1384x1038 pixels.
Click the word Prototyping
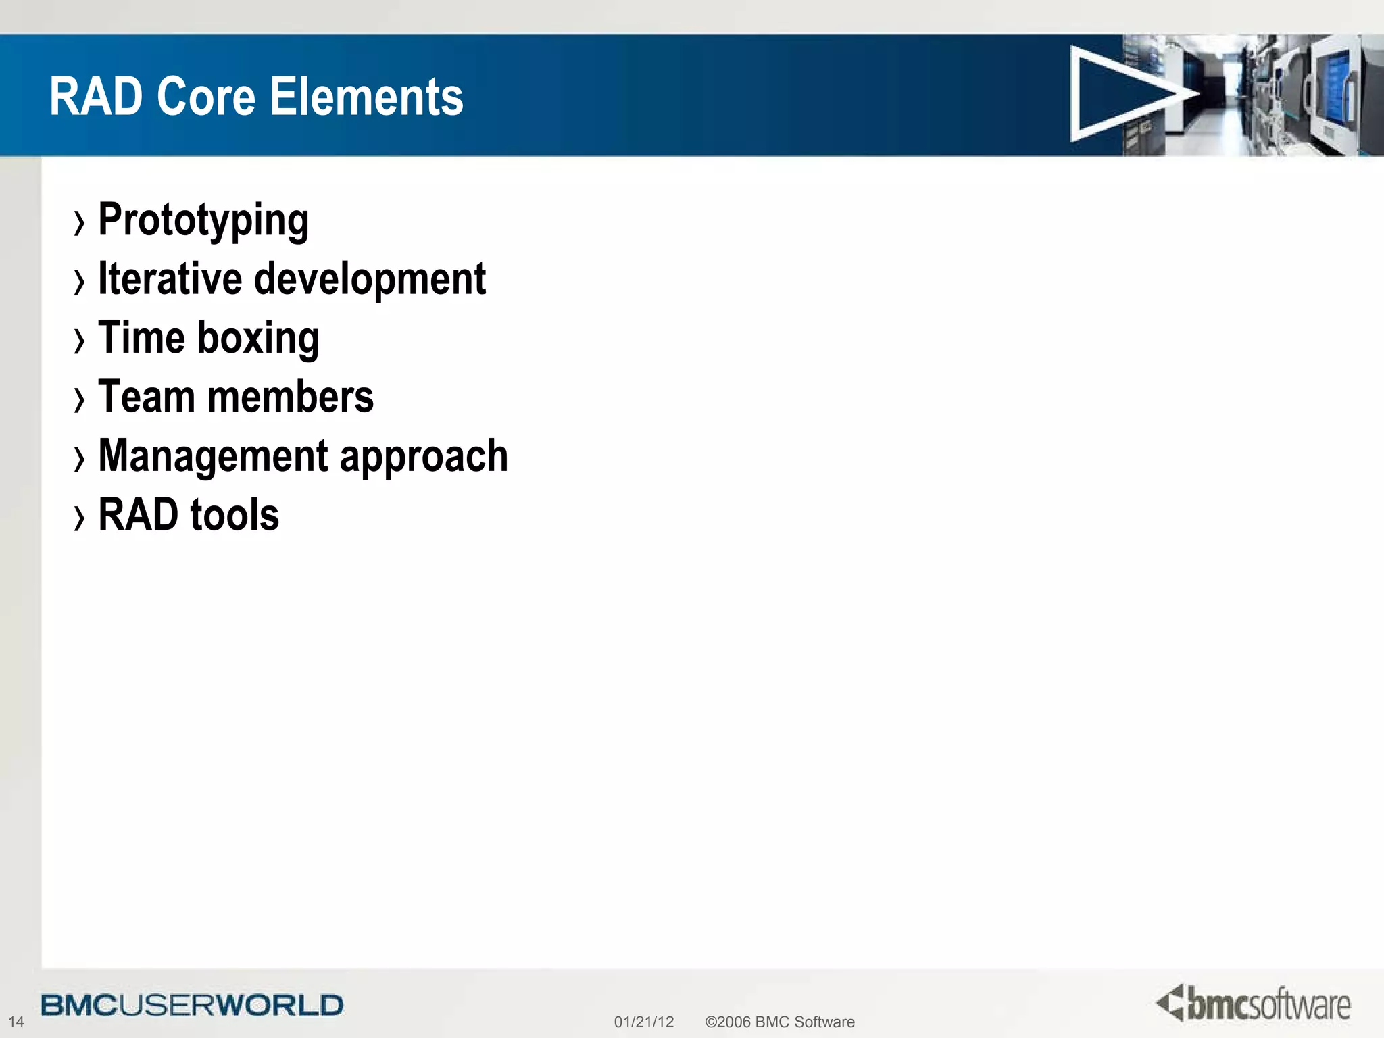click(x=203, y=220)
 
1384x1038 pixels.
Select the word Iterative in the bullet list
click(x=170, y=278)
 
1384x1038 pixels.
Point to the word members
click(x=291, y=397)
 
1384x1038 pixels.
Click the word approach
click(x=424, y=457)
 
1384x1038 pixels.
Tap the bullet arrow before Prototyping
click(x=80, y=223)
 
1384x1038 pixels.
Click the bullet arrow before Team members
click(x=80, y=399)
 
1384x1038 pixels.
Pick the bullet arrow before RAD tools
click(x=80, y=518)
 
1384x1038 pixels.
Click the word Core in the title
click(x=206, y=96)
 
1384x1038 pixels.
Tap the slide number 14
click(x=16, y=1022)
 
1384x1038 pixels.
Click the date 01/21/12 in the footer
click(x=643, y=1022)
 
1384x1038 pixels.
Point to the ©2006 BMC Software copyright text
click(x=779, y=1022)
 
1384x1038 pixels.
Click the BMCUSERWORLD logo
click(x=192, y=1006)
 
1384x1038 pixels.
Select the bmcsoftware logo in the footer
click(x=1254, y=1004)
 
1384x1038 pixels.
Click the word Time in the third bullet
click(x=141, y=338)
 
